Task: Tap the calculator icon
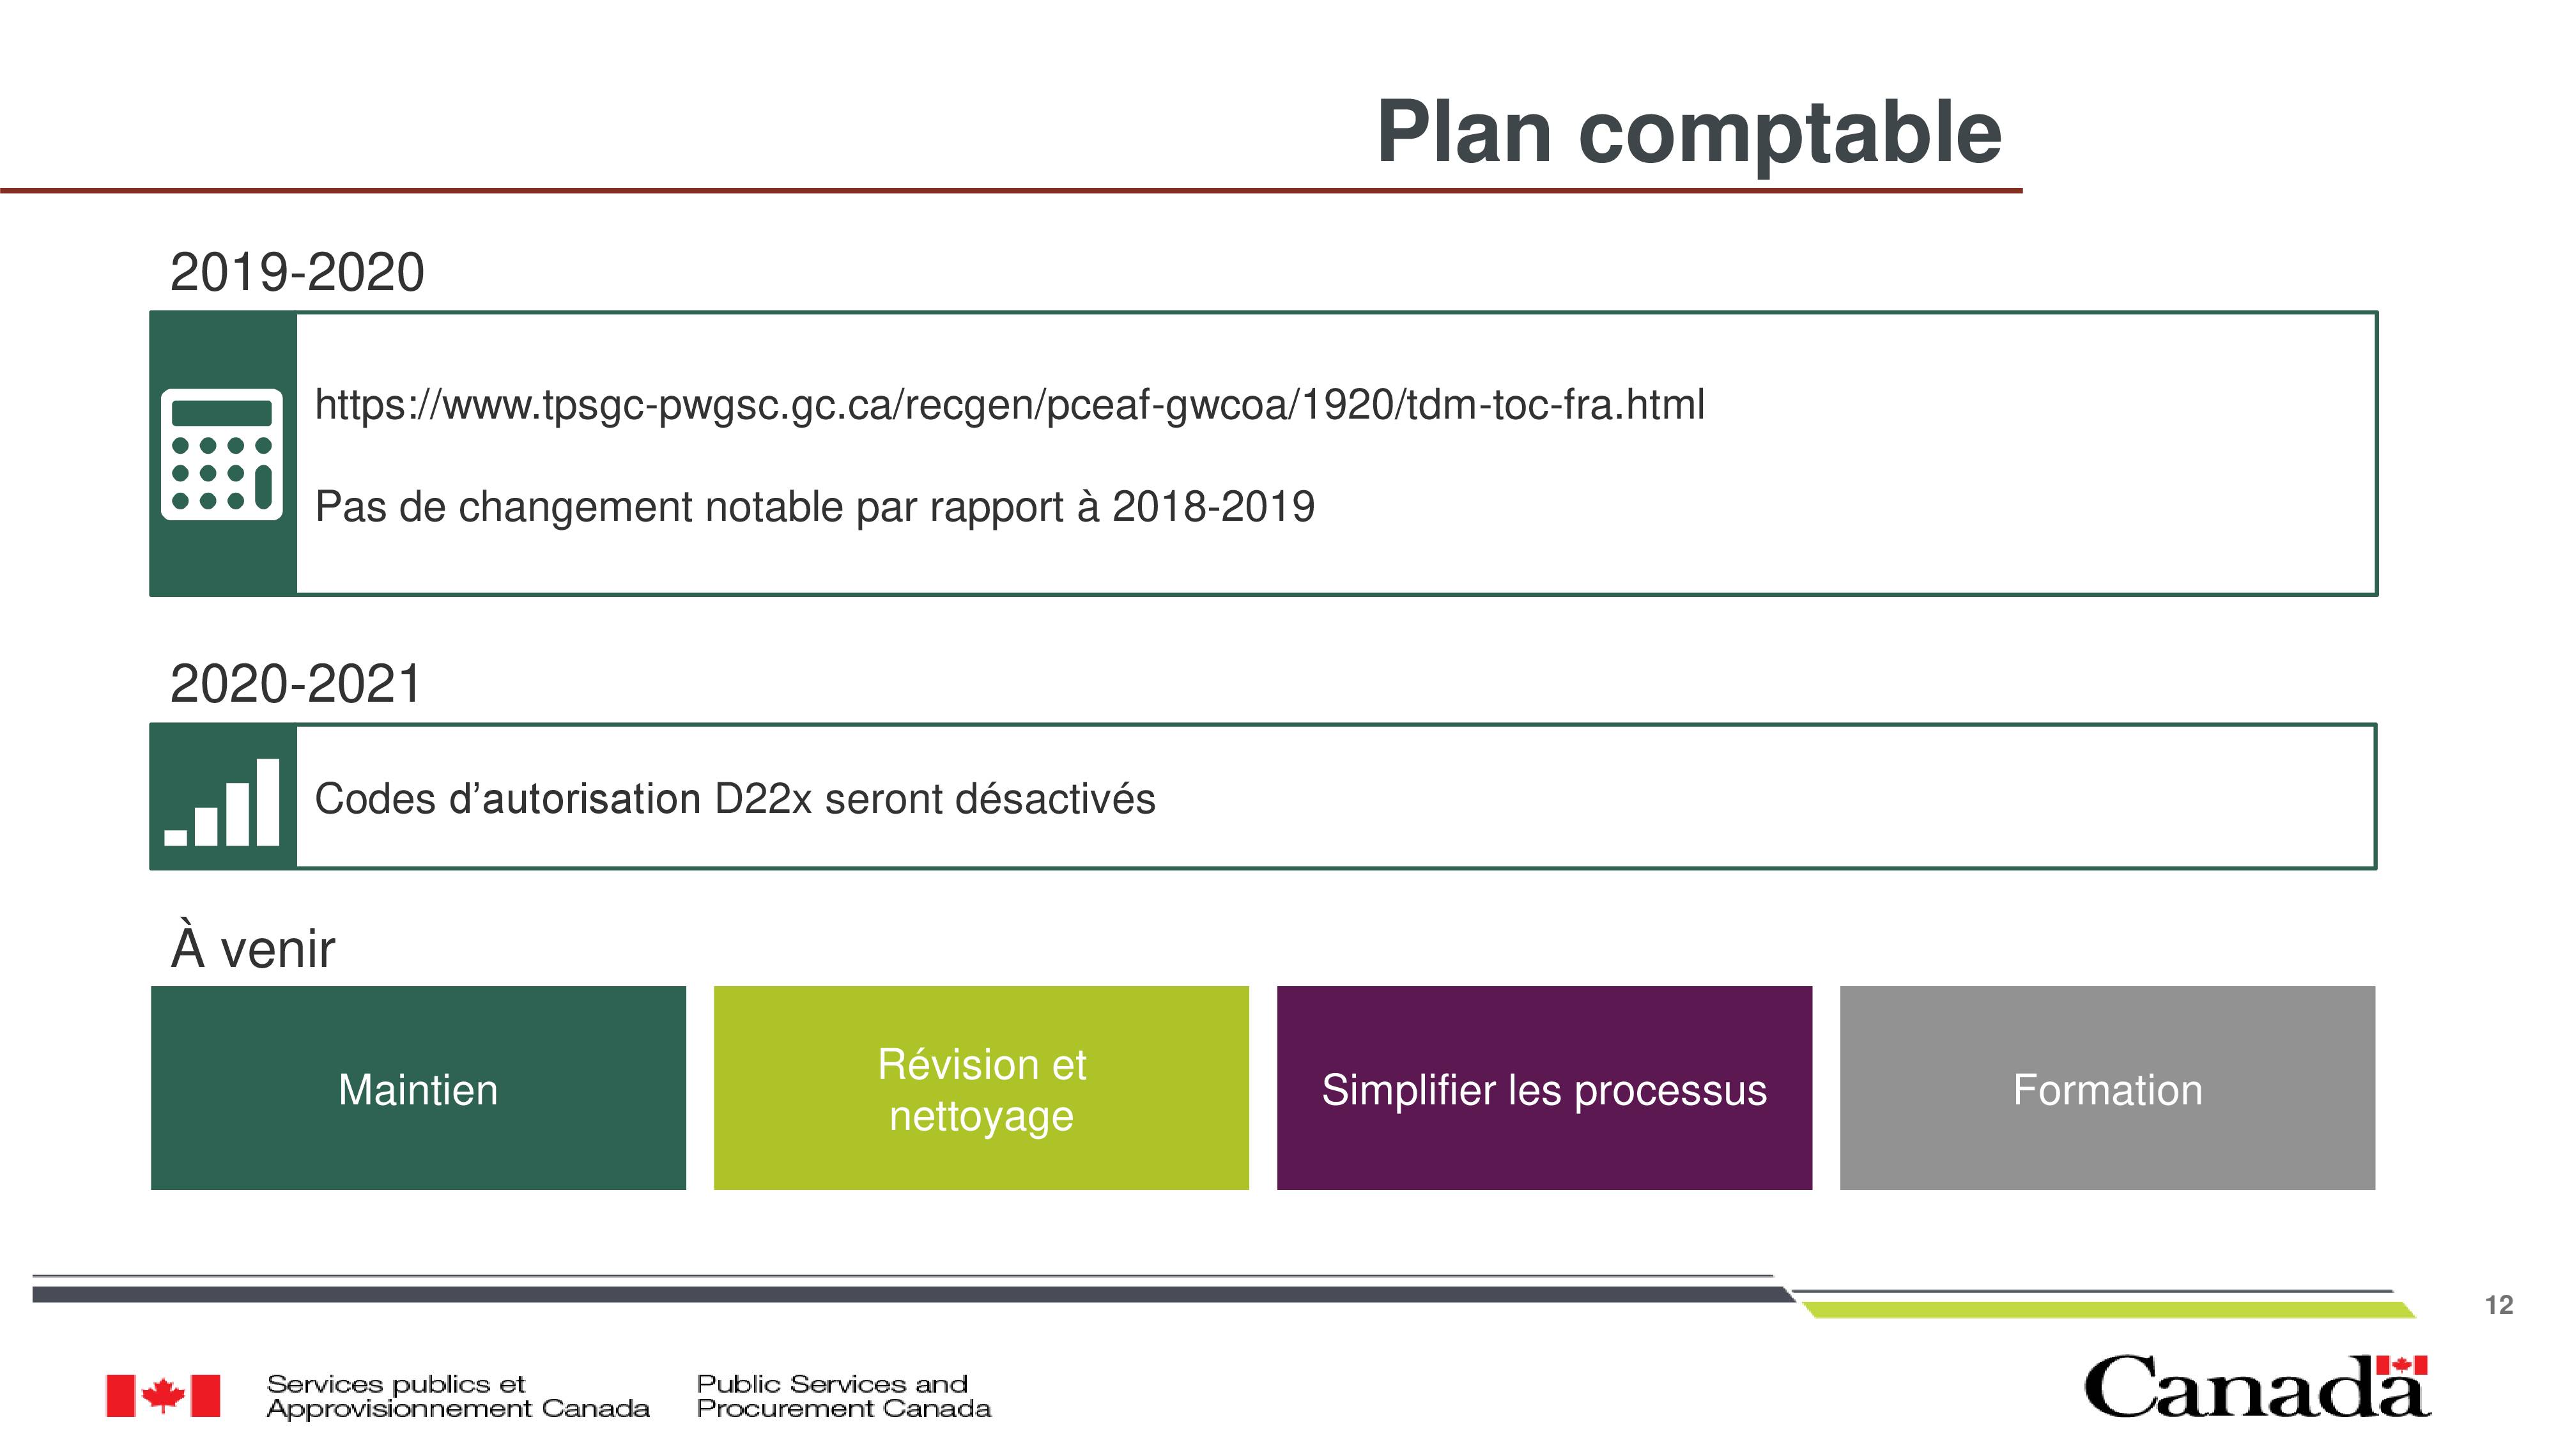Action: [221, 454]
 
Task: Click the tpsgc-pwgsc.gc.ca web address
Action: [1009, 405]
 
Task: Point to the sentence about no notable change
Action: [815, 506]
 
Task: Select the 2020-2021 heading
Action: [296, 684]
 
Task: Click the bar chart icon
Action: [221, 802]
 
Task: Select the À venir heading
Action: [253, 948]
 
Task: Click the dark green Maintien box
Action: [419, 1088]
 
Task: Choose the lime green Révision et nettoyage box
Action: [982, 1088]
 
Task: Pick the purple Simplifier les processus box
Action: [1545, 1088]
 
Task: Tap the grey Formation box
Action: [2107, 1088]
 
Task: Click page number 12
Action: [2498, 1305]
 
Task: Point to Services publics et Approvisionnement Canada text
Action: [458, 1396]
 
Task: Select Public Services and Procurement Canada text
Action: [843, 1396]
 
